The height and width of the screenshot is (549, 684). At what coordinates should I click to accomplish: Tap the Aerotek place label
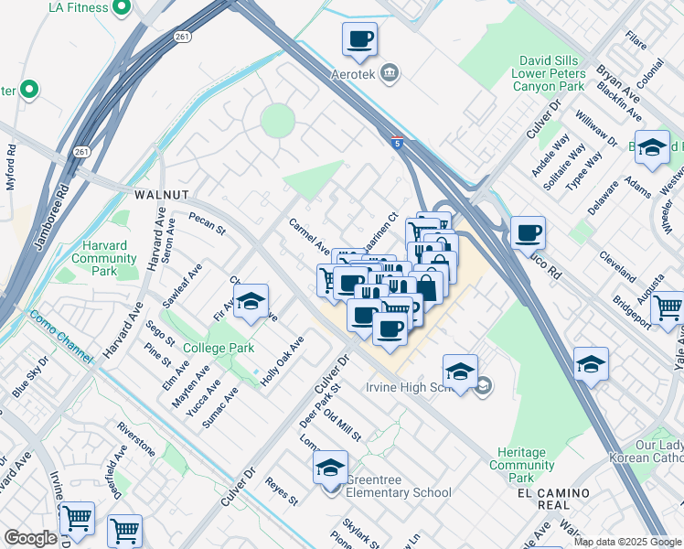[x=353, y=72]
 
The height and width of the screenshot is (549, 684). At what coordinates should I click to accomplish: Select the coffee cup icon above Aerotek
[x=359, y=39]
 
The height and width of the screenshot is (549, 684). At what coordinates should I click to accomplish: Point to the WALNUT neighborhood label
[x=161, y=195]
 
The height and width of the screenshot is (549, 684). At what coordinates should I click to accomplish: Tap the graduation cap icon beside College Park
[x=251, y=303]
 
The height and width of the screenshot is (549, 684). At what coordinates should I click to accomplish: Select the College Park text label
[x=219, y=349]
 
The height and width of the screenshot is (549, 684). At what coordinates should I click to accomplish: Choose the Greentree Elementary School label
[x=399, y=492]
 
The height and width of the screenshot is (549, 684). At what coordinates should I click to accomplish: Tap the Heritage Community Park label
[x=522, y=465]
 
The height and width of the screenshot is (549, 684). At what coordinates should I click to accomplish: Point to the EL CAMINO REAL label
[x=553, y=500]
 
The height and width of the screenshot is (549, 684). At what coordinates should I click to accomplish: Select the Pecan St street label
[x=207, y=224]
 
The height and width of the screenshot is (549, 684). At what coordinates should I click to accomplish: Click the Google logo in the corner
[x=30, y=538]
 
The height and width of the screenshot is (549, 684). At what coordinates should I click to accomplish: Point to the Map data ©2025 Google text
[x=626, y=542]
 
